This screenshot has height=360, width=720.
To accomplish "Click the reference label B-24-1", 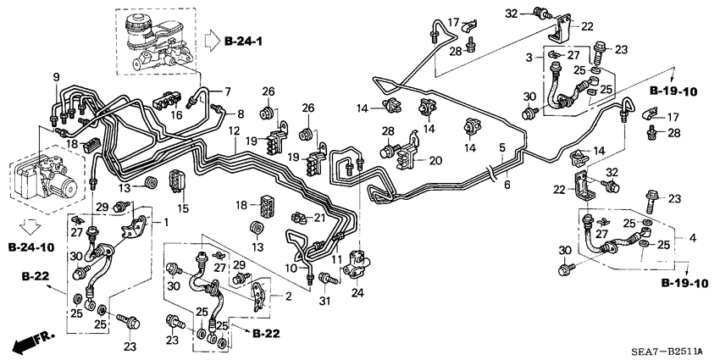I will [x=246, y=40].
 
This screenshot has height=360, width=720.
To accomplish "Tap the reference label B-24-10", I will [x=32, y=247].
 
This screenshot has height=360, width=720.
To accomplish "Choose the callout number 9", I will [x=58, y=79].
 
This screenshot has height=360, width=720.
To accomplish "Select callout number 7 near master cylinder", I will [x=227, y=91].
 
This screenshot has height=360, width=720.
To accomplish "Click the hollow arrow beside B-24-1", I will [x=210, y=40].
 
